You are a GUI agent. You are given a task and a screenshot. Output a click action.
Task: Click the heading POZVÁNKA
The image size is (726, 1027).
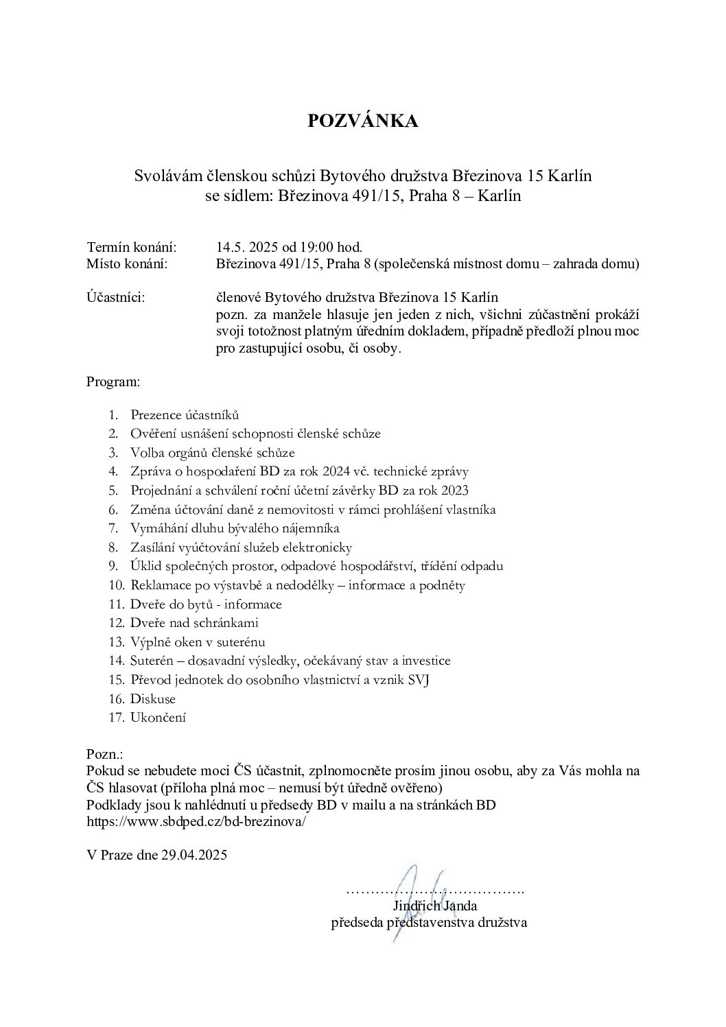(362, 121)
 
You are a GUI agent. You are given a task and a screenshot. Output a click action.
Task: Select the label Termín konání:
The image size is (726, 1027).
(132, 246)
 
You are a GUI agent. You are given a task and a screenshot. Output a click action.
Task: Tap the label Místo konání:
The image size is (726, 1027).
(127, 264)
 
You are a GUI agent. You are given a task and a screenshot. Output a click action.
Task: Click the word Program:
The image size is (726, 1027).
(113, 380)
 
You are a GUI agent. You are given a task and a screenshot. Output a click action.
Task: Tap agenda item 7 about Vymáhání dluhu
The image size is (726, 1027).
(235, 528)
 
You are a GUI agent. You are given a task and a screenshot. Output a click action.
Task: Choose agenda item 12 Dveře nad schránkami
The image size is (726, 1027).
(194, 623)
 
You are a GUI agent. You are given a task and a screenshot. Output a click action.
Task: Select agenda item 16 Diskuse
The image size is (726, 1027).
(153, 699)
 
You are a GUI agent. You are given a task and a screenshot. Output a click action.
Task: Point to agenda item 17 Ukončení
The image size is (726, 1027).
(158, 718)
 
